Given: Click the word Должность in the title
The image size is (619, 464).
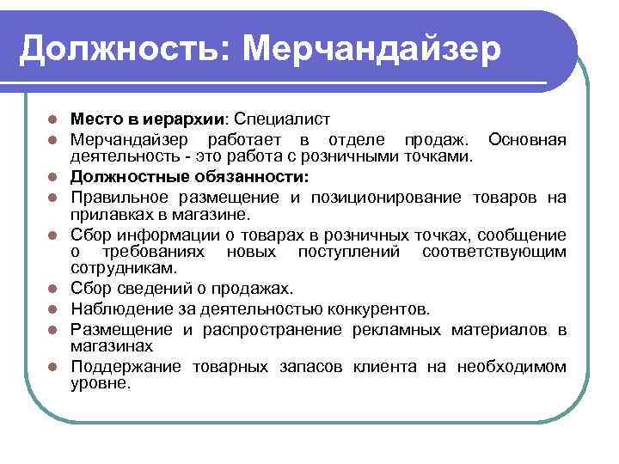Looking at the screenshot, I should (117, 49).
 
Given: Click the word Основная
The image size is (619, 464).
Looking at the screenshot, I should (526, 139).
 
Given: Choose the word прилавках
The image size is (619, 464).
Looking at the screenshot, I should (107, 214).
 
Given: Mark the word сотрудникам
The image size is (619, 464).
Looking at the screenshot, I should (115, 268).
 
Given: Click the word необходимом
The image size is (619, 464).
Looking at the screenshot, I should (511, 367).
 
